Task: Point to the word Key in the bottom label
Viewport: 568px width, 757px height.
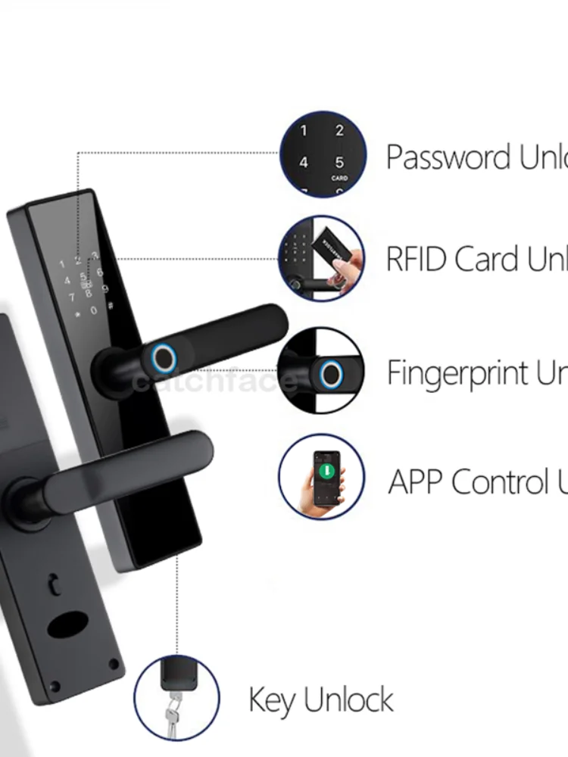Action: pyautogui.click(x=272, y=700)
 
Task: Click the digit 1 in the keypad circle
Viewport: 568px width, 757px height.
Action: pyautogui.click(x=304, y=131)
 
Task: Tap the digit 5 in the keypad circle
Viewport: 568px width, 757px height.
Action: pyautogui.click(x=339, y=162)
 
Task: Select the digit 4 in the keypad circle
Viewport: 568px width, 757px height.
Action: pyautogui.click(x=304, y=162)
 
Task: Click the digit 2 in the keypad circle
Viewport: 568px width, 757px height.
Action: pyautogui.click(x=339, y=131)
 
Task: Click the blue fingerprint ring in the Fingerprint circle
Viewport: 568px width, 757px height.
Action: pyautogui.click(x=329, y=373)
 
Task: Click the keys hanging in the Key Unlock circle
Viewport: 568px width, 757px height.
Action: pyautogui.click(x=173, y=712)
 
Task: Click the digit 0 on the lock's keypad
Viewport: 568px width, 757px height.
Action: pyautogui.click(x=94, y=310)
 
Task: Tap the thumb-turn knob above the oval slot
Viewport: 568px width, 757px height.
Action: pyautogui.click(x=54, y=584)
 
